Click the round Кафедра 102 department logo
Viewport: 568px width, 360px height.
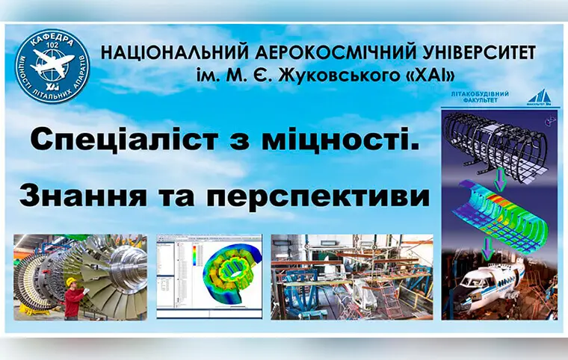point(52,66)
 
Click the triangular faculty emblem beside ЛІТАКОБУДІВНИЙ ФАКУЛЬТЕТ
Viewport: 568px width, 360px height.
point(539,97)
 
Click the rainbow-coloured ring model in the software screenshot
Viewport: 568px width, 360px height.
point(225,276)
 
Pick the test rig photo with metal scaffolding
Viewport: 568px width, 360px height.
point(351,277)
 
